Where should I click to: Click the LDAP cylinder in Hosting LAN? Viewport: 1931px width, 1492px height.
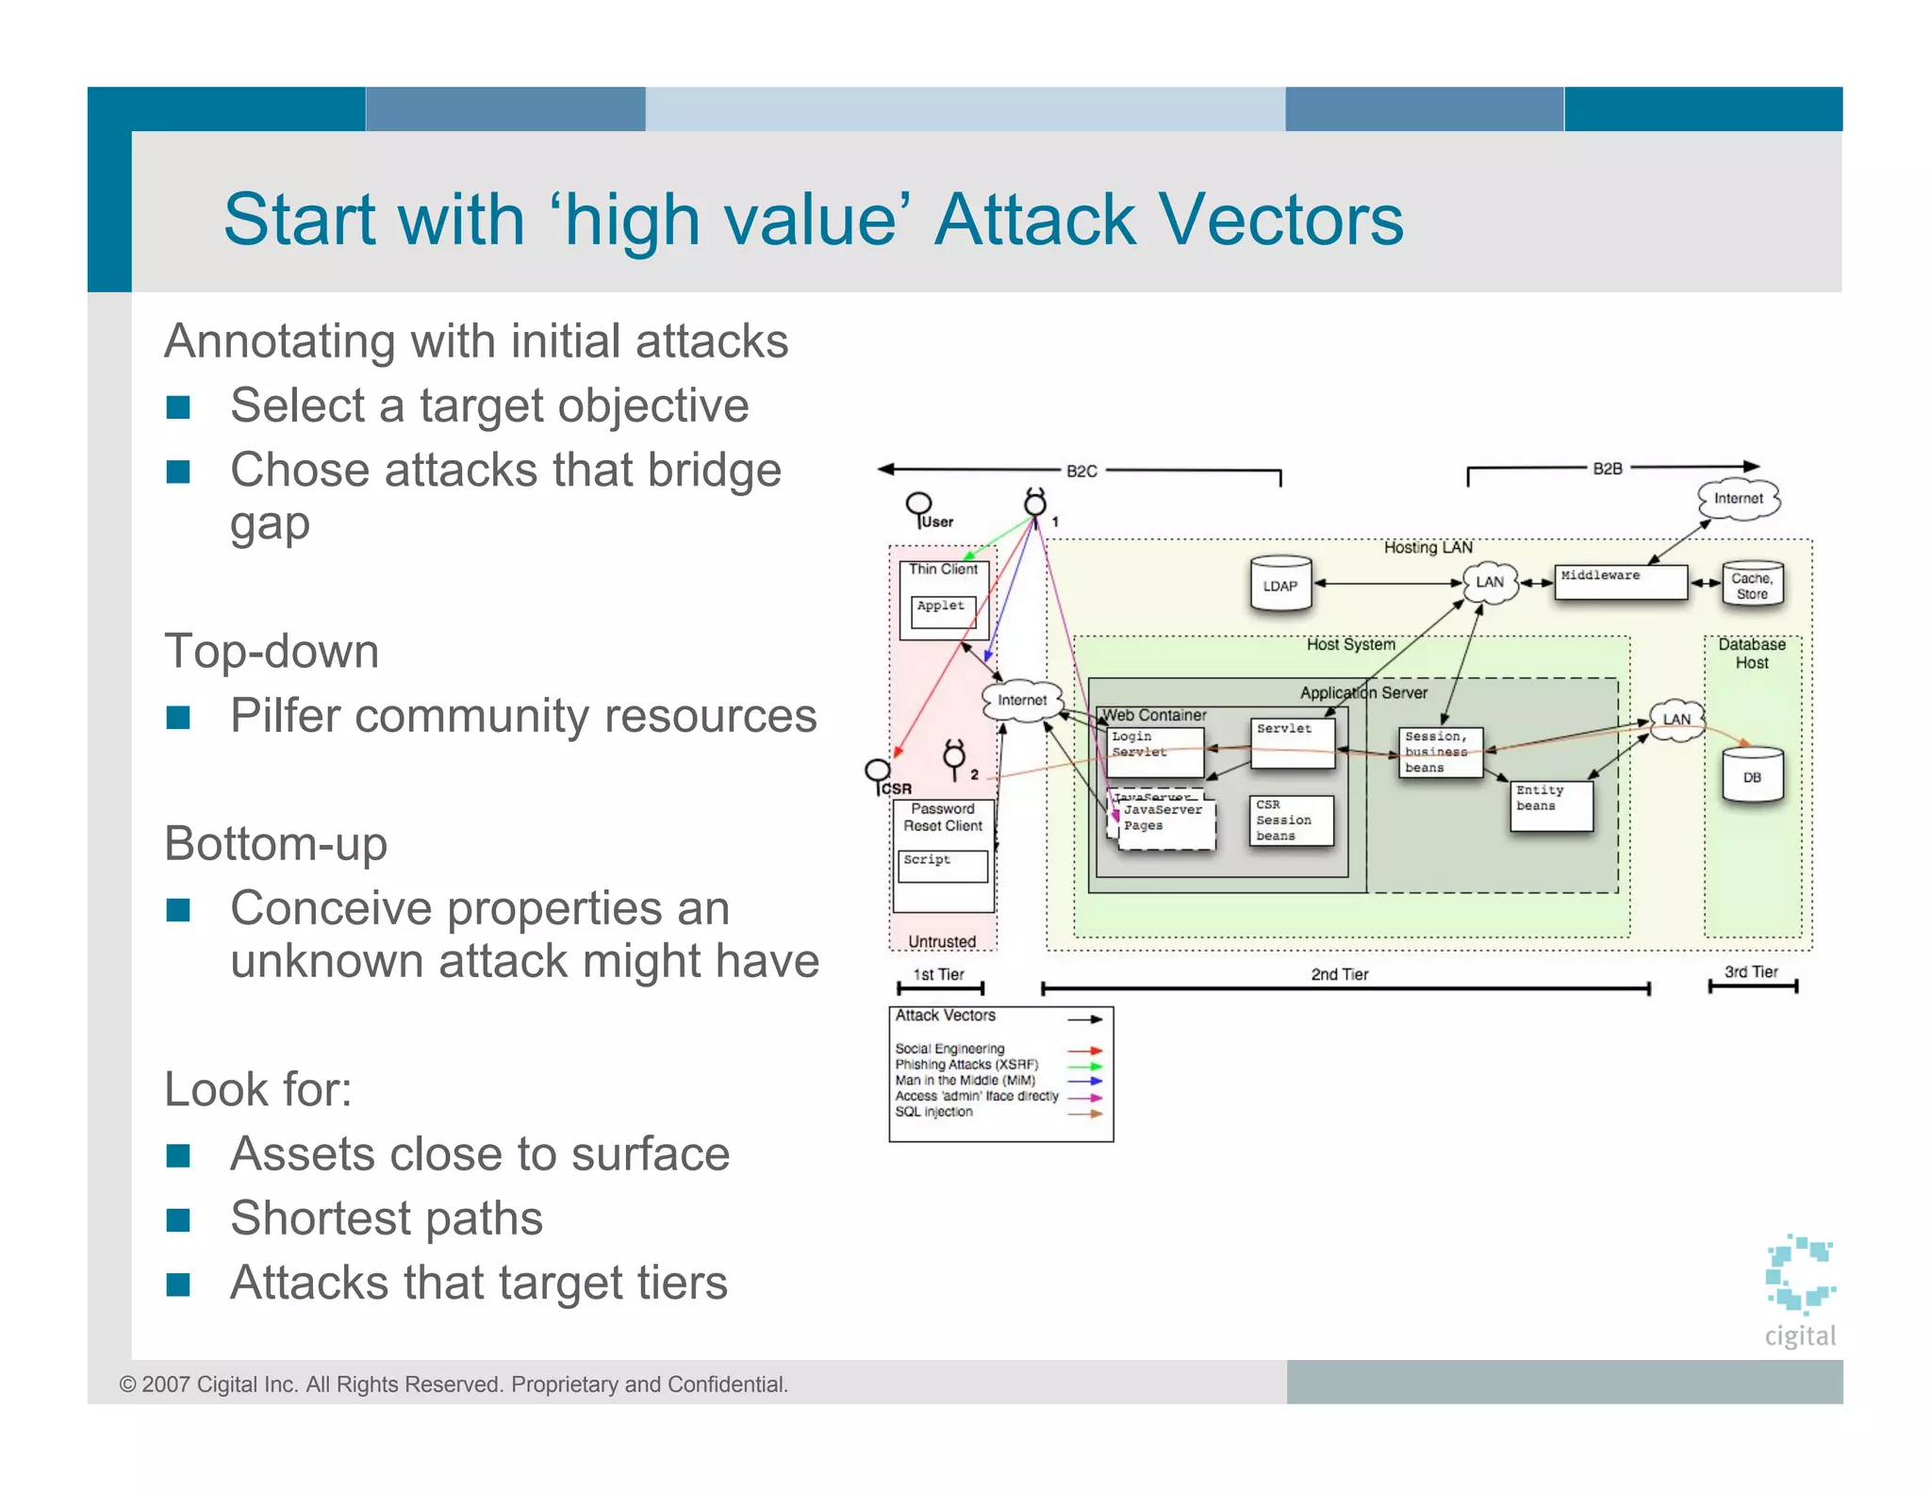click(1279, 585)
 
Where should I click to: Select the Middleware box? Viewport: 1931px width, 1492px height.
click(1620, 582)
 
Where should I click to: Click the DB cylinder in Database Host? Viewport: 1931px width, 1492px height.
click(1752, 776)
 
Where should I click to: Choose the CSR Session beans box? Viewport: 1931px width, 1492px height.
click(1291, 821)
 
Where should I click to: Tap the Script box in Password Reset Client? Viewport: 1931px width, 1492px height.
click(942, 866)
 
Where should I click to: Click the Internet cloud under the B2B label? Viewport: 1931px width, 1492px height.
click(1738, 499)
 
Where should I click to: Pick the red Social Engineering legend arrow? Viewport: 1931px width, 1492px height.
click(1084, 1050)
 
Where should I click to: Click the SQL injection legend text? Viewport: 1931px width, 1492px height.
click(933, 1112)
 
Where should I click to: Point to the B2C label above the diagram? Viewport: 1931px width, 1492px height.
click(1081, 471)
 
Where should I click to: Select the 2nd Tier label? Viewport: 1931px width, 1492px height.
click(1339, 974)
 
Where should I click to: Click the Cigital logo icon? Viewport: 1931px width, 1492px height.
click(1799, 1273)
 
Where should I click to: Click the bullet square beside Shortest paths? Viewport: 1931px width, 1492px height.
click(178, 1219)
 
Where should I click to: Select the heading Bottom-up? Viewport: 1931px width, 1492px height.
click(275, 843)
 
